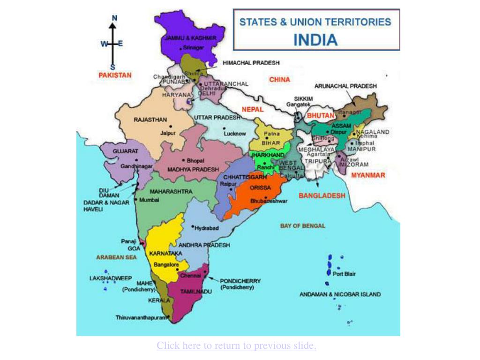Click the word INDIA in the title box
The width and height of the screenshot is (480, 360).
(315, 39)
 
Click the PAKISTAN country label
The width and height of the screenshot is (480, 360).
(115, 75)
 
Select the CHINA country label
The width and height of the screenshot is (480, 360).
(279, 80)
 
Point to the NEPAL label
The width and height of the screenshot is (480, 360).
(253, 109)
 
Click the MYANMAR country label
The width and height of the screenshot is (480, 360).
(368, 175)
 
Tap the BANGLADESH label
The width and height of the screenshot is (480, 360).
(322, 195)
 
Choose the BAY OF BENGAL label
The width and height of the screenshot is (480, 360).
(302, 226)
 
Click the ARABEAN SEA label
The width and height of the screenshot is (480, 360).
(116, 257)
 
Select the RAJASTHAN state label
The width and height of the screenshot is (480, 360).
(150, 120)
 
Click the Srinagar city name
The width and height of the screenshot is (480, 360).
(194, 47)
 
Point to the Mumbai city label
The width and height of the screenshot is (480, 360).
(149, 200)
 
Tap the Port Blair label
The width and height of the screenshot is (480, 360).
(344, 274)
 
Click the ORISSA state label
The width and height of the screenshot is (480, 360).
(260, 187)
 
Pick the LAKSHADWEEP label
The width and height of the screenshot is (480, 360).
(111, 278)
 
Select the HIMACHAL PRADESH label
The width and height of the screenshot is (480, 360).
(251, 62)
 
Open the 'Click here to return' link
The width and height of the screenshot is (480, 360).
(236, 345)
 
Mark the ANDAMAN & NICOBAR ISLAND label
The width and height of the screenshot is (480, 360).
(340, 294)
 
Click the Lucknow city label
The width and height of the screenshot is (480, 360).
(234, 134)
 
